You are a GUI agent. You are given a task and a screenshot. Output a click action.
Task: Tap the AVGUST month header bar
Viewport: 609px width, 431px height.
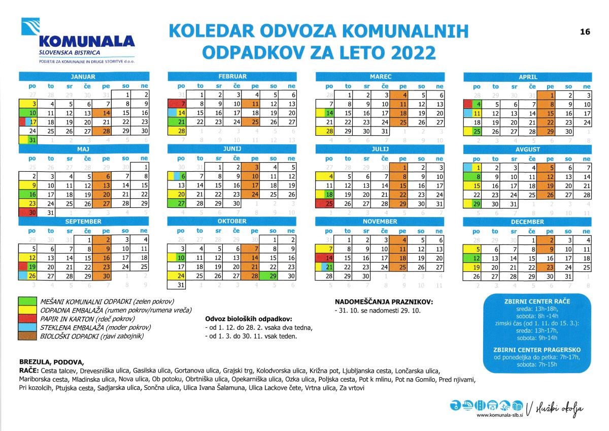(x=528, y=150)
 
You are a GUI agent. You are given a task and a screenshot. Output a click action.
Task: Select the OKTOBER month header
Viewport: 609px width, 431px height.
(x=232, y=222)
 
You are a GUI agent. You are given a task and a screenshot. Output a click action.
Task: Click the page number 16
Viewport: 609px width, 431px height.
(x=585, y=32)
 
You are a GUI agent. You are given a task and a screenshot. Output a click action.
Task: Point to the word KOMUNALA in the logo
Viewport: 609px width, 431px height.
(x=86, y=41)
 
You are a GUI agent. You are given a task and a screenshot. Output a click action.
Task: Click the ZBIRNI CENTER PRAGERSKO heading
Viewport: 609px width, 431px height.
(x=536, y=350)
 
